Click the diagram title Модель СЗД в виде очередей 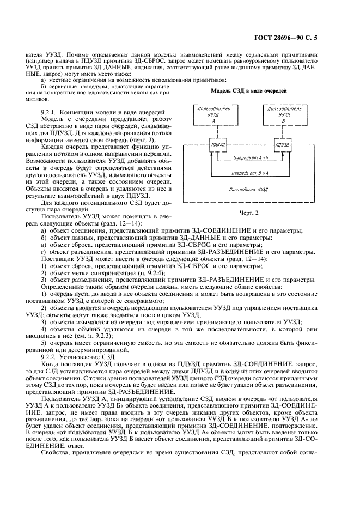pos(249,90)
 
